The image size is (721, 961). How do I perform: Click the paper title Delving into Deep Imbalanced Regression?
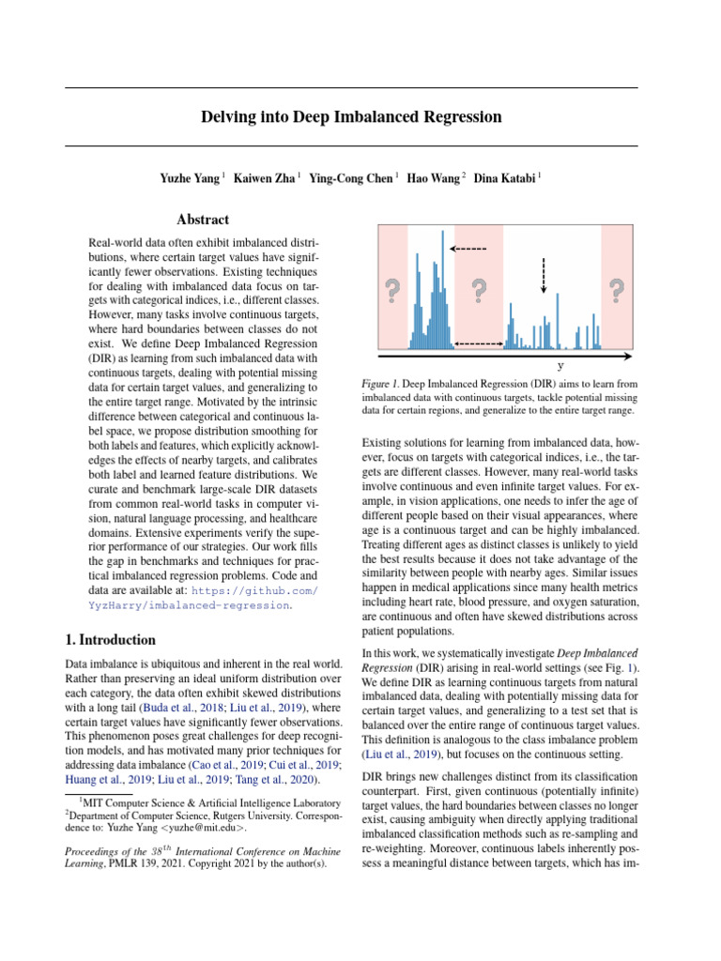click(x=351, y=117)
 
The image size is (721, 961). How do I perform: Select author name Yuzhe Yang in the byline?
click(x=191, y=177)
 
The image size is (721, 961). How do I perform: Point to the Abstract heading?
click(x=203, y=220)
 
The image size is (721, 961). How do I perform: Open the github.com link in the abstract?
click(x=254, y=590)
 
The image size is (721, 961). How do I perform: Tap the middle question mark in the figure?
click(x=479, y=292)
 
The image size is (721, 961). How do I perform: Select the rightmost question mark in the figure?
click(x=616, y=292)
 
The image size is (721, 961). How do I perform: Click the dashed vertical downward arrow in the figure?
click(x=544, y=276)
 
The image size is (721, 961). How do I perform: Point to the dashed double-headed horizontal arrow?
click(x=479, y=344)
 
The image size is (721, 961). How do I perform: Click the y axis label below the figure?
click(x=560, y=365)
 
